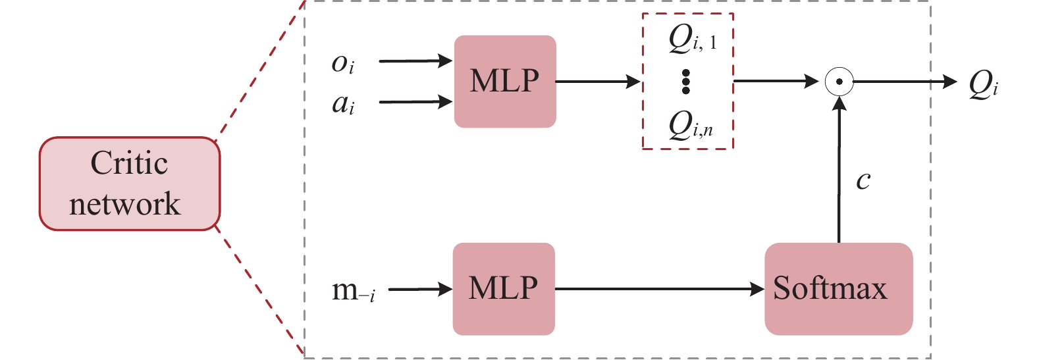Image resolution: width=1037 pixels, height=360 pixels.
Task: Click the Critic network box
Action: click(x=129, y=184)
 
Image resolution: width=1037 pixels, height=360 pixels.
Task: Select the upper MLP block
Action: click(x=505, y=81)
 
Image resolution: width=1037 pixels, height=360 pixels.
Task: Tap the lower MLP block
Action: click(x=504, y=289)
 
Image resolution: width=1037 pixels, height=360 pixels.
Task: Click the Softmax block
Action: click(x=838, y=289)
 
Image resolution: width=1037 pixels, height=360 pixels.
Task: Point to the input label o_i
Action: click(x=343, y=63)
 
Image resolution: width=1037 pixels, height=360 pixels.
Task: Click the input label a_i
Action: click(x=343, y=103)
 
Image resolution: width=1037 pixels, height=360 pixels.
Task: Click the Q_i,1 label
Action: click(x=692, y=39)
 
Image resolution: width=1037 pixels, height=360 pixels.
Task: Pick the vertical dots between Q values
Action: click(x=685, y=81)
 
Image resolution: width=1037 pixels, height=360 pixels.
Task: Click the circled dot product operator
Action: click(x=839, y=82)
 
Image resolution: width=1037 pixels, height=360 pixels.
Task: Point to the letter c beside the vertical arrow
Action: click(x=863, y=180)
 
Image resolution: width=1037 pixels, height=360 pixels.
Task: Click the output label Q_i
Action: click(x=983, y=85)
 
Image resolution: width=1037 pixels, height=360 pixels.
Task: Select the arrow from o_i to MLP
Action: click(x=415, y=62)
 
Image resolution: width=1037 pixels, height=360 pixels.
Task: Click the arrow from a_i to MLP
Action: click(x=415, y=102)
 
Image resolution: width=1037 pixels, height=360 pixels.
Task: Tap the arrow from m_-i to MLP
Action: click(x=420, y=289)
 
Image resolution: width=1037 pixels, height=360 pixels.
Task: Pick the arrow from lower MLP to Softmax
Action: click(x=659, y=289)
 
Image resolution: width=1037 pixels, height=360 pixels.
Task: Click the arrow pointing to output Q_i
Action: click(x=905, y=82)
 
